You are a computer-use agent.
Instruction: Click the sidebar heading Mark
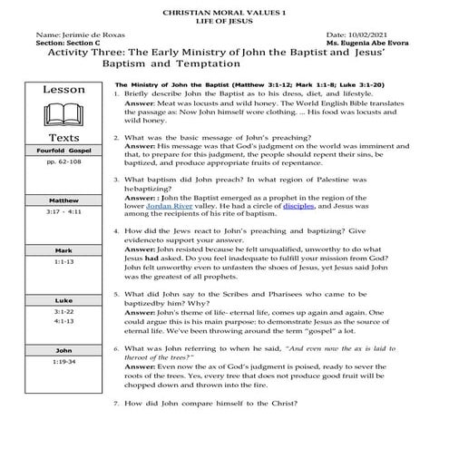tap(63, 249)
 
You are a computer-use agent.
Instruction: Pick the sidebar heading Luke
tap(63, 298)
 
